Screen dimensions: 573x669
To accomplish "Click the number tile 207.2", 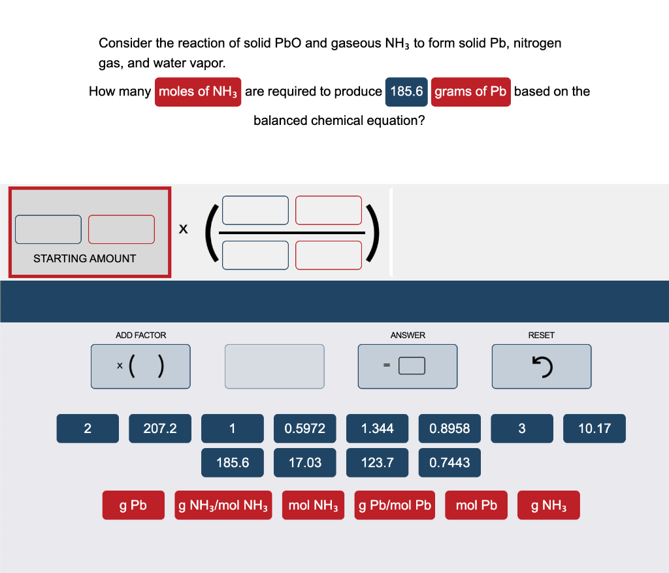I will click(160, 428).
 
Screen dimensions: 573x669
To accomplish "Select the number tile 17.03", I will click(305, 462).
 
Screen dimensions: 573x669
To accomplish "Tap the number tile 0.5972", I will click(305, 428).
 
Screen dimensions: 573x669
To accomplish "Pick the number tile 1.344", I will click(378, 428).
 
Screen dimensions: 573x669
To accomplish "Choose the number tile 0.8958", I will click(449, 428).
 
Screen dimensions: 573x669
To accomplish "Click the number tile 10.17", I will click(595, 428).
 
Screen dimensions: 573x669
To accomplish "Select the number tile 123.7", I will click(378, 462).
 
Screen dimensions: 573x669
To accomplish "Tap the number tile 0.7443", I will click(449, 462).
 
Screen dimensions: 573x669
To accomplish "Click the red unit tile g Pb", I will click(133, 506).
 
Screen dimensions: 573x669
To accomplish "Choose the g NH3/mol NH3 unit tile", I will click(224, 506).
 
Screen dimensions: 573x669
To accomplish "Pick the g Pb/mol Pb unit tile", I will click(395, 506).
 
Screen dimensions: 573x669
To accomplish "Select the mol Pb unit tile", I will click(476, 506).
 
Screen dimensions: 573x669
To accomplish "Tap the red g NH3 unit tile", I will click(549, 506).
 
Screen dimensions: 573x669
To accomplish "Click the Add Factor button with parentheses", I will click(141, 366).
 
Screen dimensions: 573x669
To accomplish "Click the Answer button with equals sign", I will click(408, 366).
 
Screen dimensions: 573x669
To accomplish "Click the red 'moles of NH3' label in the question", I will click(199, 92).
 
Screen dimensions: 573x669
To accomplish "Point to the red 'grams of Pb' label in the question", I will click(470, 92).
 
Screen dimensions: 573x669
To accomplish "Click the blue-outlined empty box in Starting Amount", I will click(49, 229).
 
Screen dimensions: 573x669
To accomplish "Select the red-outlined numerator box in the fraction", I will click(329, 209).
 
